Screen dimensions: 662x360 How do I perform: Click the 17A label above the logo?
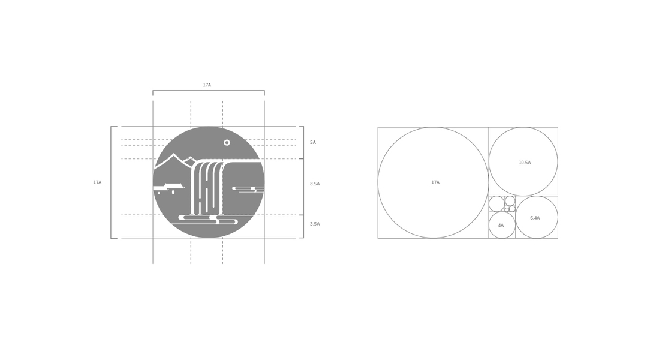coord(207,85)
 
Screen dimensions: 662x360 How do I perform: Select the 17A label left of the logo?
coord(98,182)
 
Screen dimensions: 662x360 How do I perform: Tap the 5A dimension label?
coord(313,142)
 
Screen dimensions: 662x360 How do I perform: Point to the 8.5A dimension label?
coord(315,184)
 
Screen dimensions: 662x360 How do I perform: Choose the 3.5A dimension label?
coord(315,224)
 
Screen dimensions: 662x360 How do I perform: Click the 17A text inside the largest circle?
coord(435,182)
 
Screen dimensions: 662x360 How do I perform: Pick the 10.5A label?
coord(525,163)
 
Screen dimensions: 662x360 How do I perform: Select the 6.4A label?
coord(535,218)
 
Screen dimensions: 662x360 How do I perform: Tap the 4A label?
coord(501,226)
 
